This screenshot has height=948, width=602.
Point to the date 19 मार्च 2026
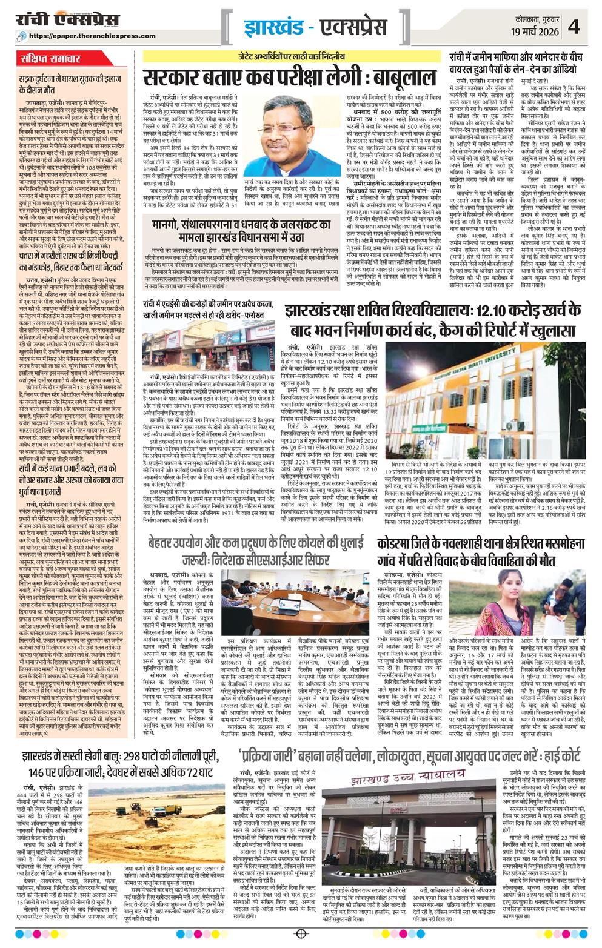tap(533, 31)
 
